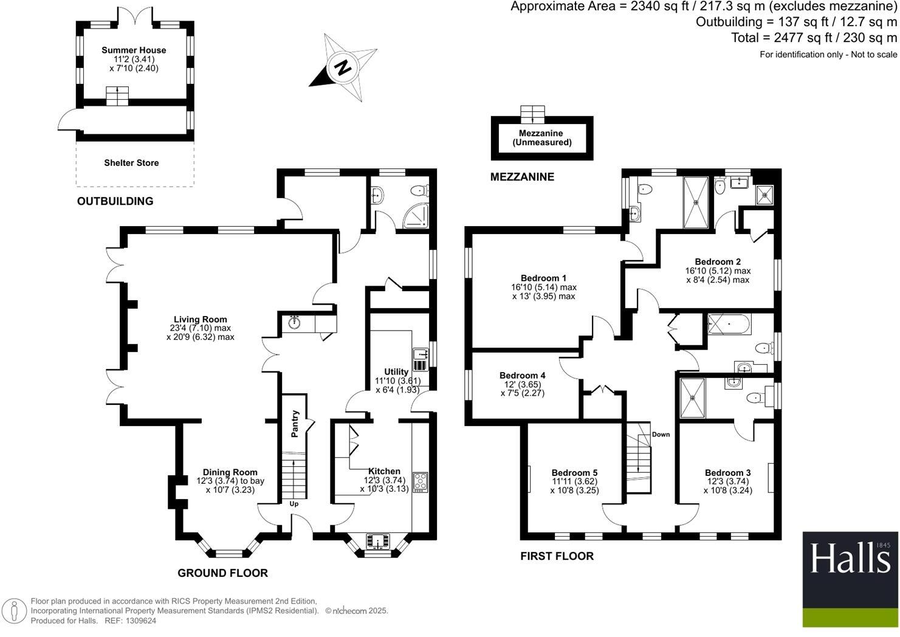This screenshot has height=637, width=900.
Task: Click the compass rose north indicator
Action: pos(343,67)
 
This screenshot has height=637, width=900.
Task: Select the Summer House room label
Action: pos(134,50)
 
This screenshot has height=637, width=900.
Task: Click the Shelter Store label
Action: pos(131,163)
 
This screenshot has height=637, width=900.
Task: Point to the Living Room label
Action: pos(200,320)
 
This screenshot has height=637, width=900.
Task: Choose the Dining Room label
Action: pos(230,472)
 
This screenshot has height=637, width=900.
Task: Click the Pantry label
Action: pos(295,424)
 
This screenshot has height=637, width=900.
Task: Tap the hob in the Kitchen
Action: pos(420,482)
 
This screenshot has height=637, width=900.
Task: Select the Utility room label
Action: pos(396,372)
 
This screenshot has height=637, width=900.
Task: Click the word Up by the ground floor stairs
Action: pos(294,504)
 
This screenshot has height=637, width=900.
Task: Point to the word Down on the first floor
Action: pos(661,435)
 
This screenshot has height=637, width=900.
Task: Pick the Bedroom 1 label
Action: pos(543,279)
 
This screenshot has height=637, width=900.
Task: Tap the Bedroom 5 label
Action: pos(574,473)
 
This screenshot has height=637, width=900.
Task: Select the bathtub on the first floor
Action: pos(729,324)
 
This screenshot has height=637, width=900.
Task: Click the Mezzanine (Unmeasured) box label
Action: pos(541,138)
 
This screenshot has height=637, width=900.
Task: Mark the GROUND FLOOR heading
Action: pos(222,573)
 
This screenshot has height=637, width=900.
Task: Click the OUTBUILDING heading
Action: pos(115,201)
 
